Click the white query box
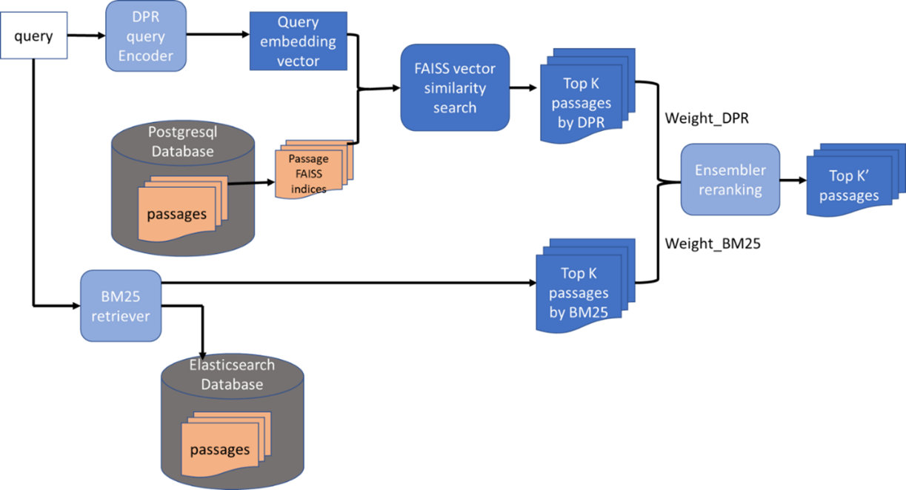click(34, 36)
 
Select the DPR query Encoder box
click(146, 36)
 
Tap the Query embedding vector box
click(298, 41)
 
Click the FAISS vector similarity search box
click(455, 88)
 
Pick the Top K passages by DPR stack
click(582, 100)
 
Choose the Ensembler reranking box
click(730, 180)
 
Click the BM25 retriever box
click(120, 306)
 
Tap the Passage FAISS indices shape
click(309, 172)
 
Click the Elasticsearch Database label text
click(232, 375)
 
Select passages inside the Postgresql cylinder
click(176, 214)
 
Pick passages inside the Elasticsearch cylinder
click(220, 449)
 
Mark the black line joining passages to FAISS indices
click(242, 185)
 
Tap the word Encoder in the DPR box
click(146, 56)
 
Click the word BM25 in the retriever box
click(120, 297)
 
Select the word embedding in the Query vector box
click(298, 41)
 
